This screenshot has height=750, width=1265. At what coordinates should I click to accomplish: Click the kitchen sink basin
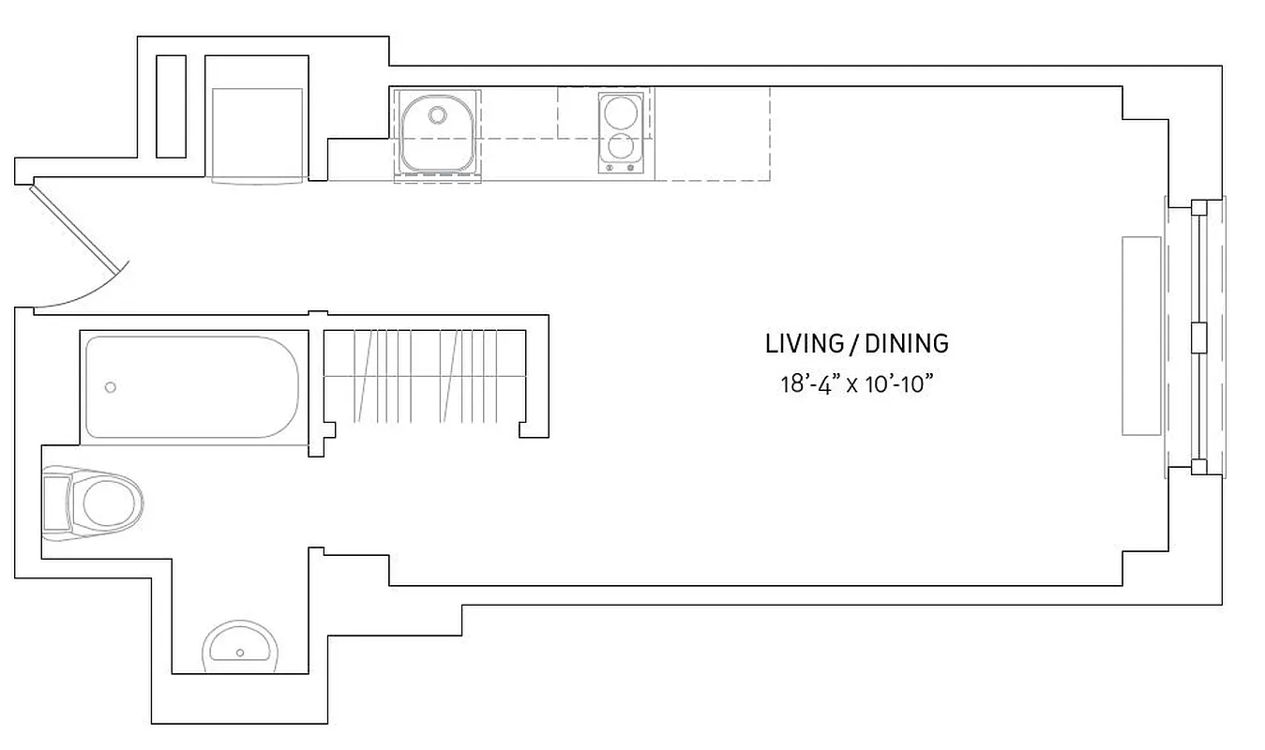click(x=437, y=136)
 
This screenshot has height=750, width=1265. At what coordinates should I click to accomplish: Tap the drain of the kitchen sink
click(x=437, y=115)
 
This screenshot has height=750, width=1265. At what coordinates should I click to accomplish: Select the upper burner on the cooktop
click(x=620, y=113)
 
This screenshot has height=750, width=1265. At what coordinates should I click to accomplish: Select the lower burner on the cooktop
click(x=620, y=147)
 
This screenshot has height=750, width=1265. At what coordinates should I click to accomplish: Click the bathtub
click(x=192, y=386)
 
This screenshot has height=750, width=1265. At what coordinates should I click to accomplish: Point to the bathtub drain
click(x=111, y=386)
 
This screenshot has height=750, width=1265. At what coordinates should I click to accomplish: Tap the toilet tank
click(x=56, y=503)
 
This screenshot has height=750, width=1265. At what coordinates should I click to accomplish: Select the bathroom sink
click(x=241, y=647)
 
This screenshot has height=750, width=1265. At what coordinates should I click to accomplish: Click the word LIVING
click(x=804, y=344)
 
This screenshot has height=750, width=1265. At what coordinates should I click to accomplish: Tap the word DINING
click(x=906, y=344)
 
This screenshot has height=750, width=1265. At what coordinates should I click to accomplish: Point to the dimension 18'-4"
click(x=812, y=385)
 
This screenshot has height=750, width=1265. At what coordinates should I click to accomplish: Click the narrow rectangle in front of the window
click(x=1141, y=336)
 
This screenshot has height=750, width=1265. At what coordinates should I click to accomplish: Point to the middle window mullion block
click(x=1197, y=337)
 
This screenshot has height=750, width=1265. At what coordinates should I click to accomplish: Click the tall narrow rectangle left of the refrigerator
click(x=171, y=106)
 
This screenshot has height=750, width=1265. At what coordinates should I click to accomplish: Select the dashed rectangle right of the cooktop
click(x=713, y=134)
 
